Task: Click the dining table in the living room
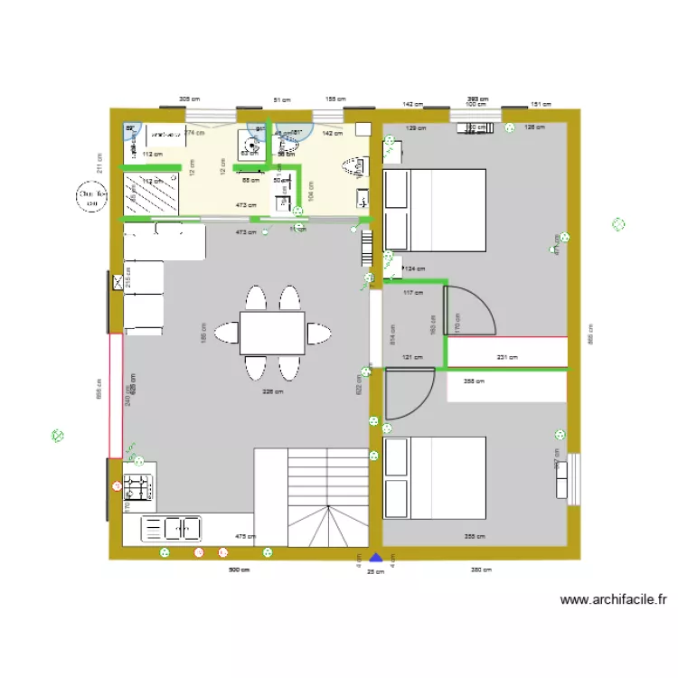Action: [271, 333]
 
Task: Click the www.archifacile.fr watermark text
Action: [613, 599]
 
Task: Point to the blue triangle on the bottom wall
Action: [376, 558]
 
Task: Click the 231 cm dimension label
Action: [507, 358]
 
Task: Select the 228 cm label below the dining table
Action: [272, 392]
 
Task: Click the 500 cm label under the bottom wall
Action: [239, 570]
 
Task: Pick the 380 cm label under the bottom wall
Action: [481, 570]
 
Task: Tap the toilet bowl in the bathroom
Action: [352, 165]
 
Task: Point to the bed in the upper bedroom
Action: [435, 209]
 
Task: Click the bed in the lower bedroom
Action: [435, 478]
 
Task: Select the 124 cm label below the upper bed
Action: [414, 268]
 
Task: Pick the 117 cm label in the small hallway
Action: [412, 293]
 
